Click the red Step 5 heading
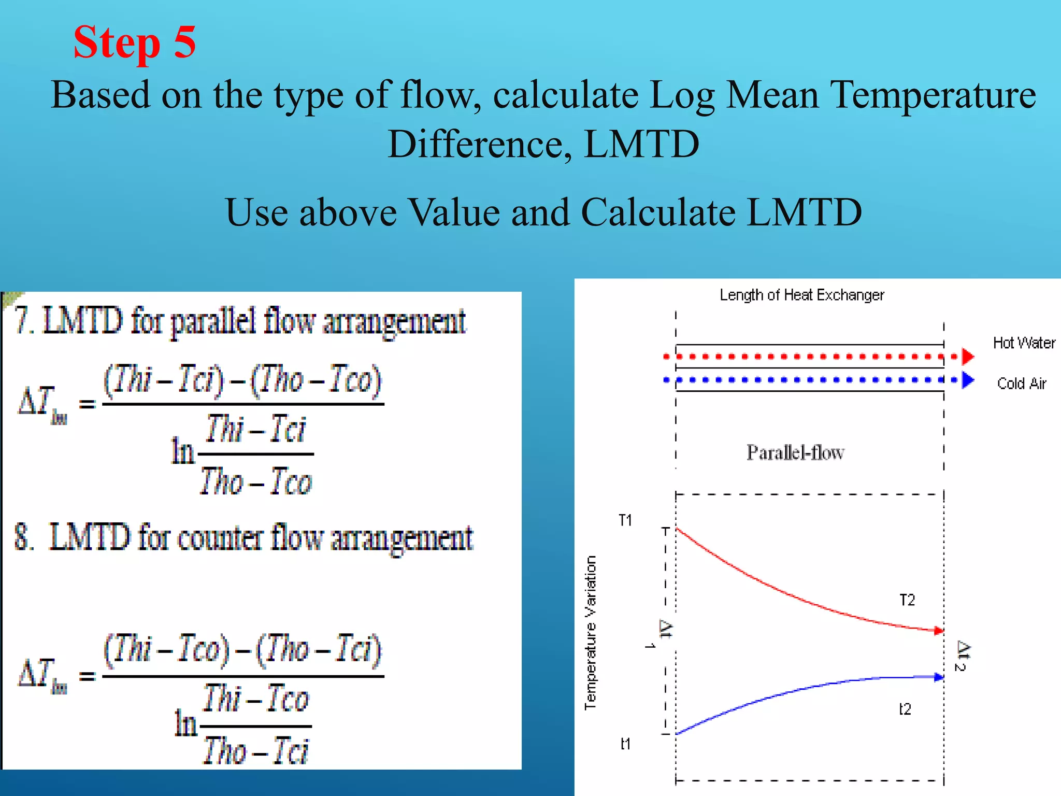coord(134,42)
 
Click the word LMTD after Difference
coord(641,144)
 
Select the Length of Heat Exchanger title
coord(801,295)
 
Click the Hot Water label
coord(1024,343)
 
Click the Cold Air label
coord(1021,383)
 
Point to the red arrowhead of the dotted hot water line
coord(968,357)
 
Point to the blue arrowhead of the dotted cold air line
coord(968,380)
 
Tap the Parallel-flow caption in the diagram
coord(795,452)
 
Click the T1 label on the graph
coord(625,520)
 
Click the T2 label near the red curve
coord(907,600)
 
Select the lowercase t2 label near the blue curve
coord(905,709)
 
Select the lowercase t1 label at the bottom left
coord(625,744)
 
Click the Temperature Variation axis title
coord(591,632)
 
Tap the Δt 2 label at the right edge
coord(962,656)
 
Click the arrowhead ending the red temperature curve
coord(939,631)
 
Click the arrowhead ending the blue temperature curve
coord(939,677)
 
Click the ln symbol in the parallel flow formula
coord(182,450)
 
